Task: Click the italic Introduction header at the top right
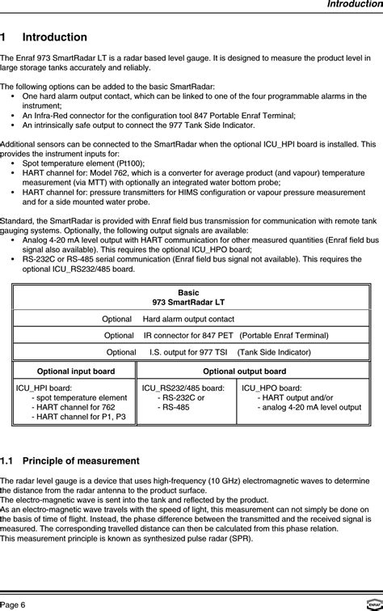coord(354,5)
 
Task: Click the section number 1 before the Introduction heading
coord(4,38)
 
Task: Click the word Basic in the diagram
coord(188,291)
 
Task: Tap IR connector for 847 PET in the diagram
coord(189,335)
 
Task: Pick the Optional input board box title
coord(76,371)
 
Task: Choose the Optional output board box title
coord(244,371)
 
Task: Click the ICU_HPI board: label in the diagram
coord(46,388)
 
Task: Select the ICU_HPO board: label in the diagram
coord(272,388)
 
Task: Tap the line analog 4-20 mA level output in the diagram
coord(308,408)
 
